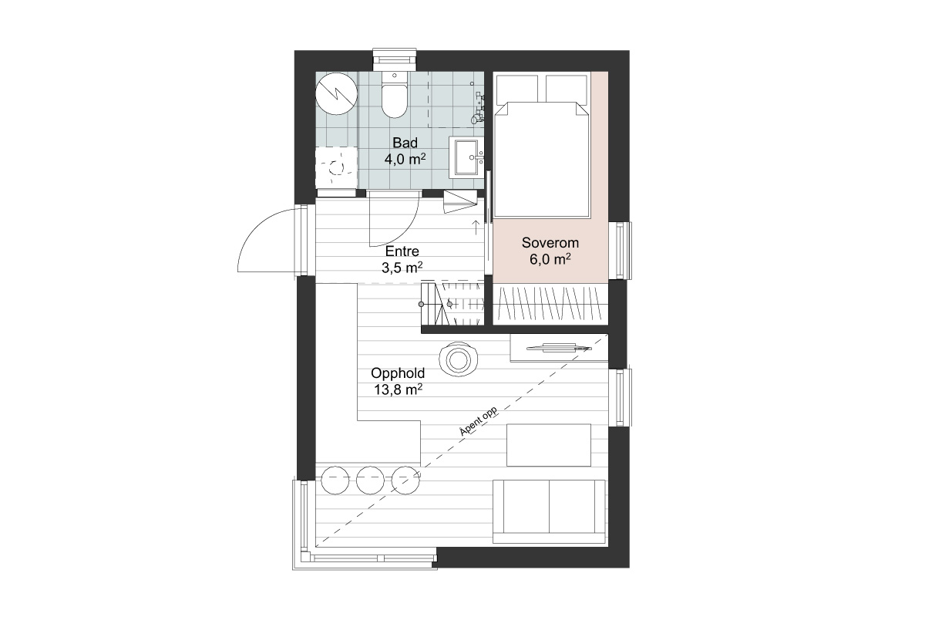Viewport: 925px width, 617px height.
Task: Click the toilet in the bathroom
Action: coord(395,95)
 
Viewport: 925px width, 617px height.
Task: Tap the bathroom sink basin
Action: coord(466,157)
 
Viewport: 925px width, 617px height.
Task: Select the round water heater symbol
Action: coord(337,94)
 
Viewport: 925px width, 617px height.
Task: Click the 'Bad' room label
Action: coord(405,143)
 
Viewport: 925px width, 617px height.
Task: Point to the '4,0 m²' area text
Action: coord(405,159)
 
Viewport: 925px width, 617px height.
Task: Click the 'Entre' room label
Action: coord(402,251)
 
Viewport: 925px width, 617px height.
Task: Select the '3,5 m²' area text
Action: coord(402,268)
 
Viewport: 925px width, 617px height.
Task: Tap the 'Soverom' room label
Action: coord(550,243)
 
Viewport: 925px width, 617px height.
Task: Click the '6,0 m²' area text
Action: coord(550,259)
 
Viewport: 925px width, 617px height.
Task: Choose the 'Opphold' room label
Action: coord(398,373)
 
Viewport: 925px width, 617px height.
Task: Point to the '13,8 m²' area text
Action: coord(398,389)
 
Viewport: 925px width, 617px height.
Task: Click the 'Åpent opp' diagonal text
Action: coord(478,421)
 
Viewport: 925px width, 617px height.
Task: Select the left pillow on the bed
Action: coord(517,88)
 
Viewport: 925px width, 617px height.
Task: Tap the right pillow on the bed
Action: coord(566,88)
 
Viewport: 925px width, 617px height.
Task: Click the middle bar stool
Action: coord(371,480)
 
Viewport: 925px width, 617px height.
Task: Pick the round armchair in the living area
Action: coord(458,359)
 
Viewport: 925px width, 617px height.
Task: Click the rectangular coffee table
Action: coord(549,445)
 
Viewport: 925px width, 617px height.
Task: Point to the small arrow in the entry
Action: coord(476,228)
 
